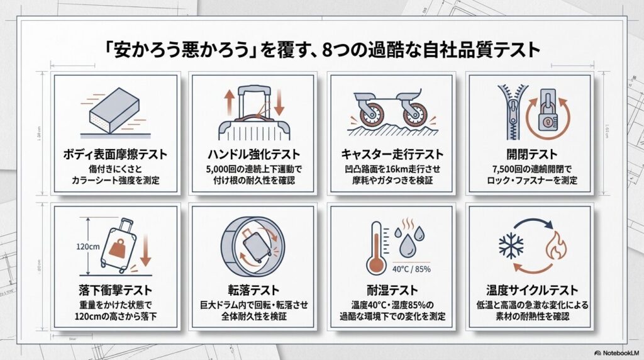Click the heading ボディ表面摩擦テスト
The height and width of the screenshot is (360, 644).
(x=116, y=154)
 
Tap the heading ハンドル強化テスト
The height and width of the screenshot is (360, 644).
(x=253, y=154)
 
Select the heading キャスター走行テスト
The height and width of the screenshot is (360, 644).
(x=392, y=154)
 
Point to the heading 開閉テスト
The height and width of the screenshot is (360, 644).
(x=532, y=154)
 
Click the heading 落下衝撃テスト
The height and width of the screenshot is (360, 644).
(x=116, y=290)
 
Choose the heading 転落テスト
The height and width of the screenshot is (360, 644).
(x=253, y=290)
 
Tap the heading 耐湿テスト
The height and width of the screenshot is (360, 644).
(x=392, y=290)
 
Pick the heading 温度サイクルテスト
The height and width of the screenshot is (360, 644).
(x=532, y=290)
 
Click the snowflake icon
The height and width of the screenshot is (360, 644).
(x=511, y=247)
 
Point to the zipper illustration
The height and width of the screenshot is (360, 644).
(x=512, y=112)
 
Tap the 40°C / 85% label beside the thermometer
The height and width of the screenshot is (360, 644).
(x=411, y=269)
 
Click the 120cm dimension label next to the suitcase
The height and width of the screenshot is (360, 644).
(x=88, y=247)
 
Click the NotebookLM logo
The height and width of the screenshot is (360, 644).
(x=617, y=352)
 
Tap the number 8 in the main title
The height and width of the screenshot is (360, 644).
(x=327, y=50)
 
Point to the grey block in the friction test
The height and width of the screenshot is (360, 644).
(x=114, y=110)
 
